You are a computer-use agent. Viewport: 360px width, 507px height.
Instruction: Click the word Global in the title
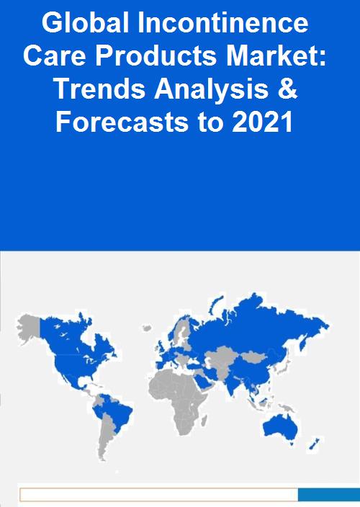tap(85, 22)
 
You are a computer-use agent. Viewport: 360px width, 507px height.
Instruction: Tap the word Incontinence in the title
tap(223, 22)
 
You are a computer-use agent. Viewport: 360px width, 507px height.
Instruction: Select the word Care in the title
tap(54, 56)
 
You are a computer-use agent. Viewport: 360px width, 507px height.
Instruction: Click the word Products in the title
tap(156, 56)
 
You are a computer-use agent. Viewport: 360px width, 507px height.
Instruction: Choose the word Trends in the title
tap(101, 89)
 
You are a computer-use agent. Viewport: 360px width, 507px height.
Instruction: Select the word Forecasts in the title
tap(122, 122)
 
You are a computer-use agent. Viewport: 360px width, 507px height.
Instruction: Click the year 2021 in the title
tap(262, 122)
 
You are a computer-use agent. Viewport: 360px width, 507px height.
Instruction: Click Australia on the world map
tap(280, 428)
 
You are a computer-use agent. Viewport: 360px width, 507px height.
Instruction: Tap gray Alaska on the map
tap(29, 328)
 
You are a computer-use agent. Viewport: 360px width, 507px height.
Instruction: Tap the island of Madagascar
tap(204, 421)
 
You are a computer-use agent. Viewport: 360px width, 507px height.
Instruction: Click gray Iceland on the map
tap(148, 328)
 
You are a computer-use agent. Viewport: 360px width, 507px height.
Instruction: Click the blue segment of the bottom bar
tap(329, 495)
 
